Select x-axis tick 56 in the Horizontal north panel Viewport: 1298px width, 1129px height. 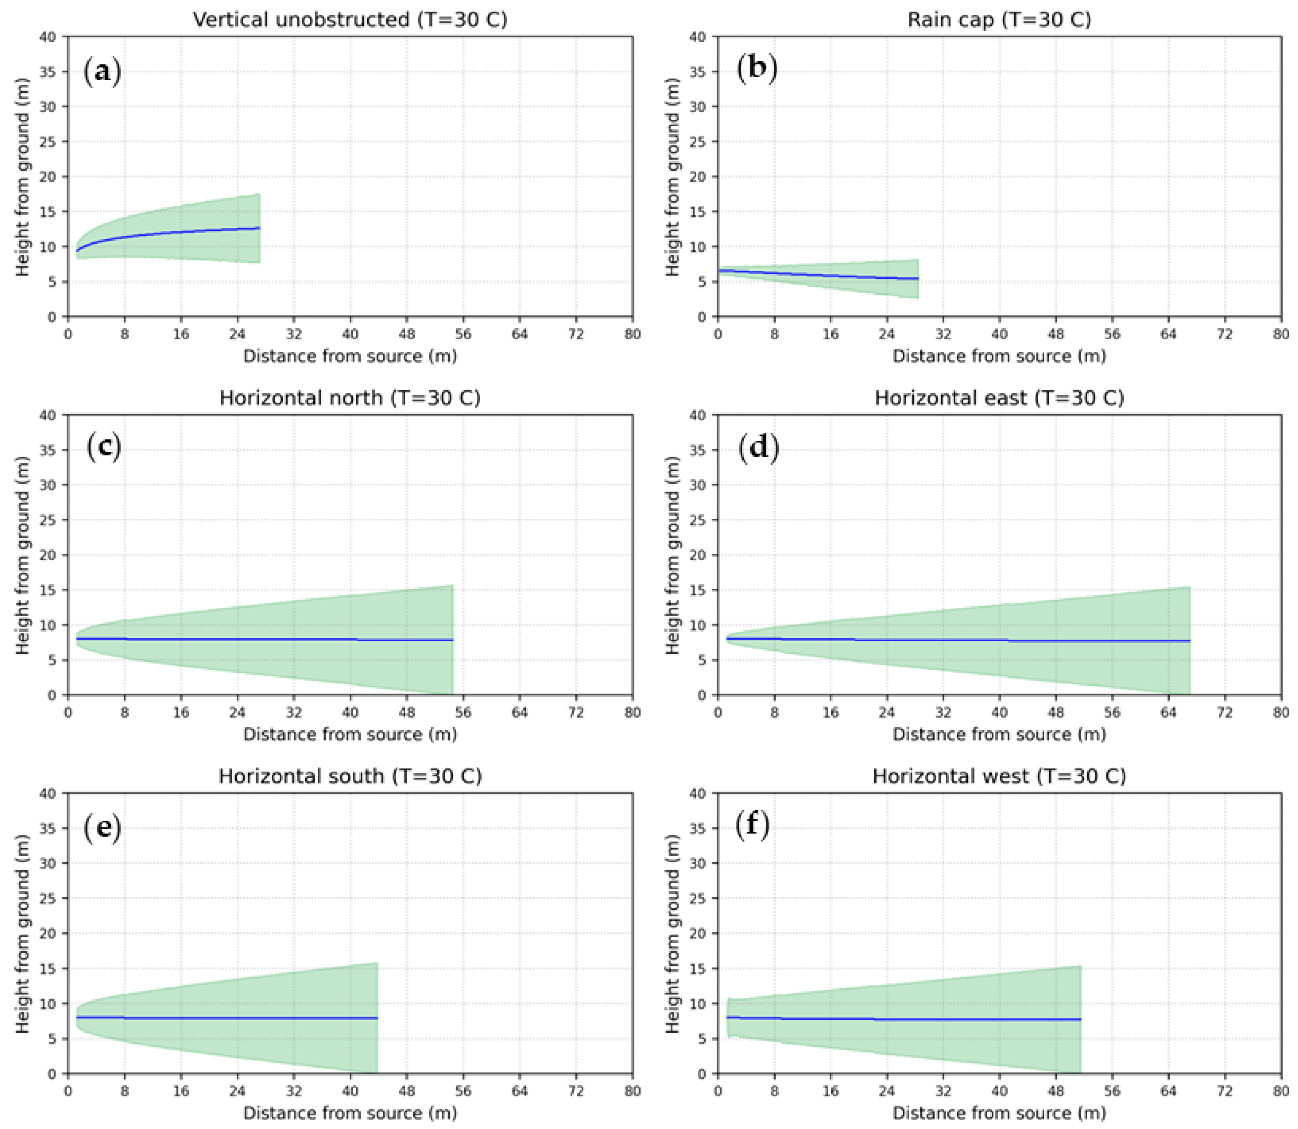click(463, 712)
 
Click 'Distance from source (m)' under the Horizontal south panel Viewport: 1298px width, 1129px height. click(350, 1112)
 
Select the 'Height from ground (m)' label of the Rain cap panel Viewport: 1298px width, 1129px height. click(673, 177)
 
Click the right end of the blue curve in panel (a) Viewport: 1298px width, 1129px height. click(259, 228)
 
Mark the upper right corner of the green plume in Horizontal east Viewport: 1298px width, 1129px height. click(1189, 587)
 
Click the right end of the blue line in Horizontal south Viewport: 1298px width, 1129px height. click(377, 1017)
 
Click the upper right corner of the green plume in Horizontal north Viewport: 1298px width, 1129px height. click(452, 585)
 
